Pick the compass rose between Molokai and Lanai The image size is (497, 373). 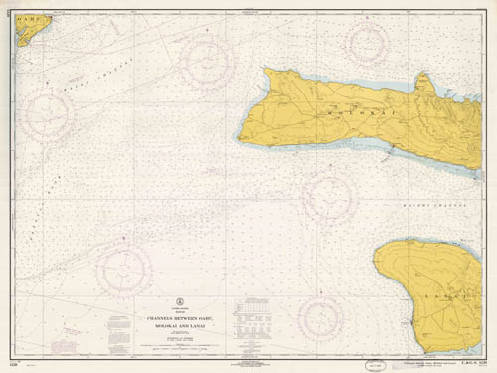coord(328,195)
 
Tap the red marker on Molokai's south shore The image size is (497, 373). coord(392,149)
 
